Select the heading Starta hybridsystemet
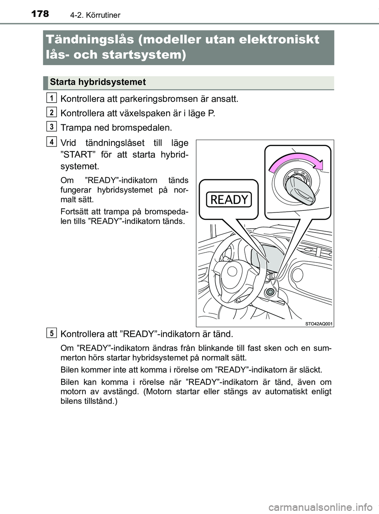(98, 82)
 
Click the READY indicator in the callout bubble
(229, 200)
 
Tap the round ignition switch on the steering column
(270, 292)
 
